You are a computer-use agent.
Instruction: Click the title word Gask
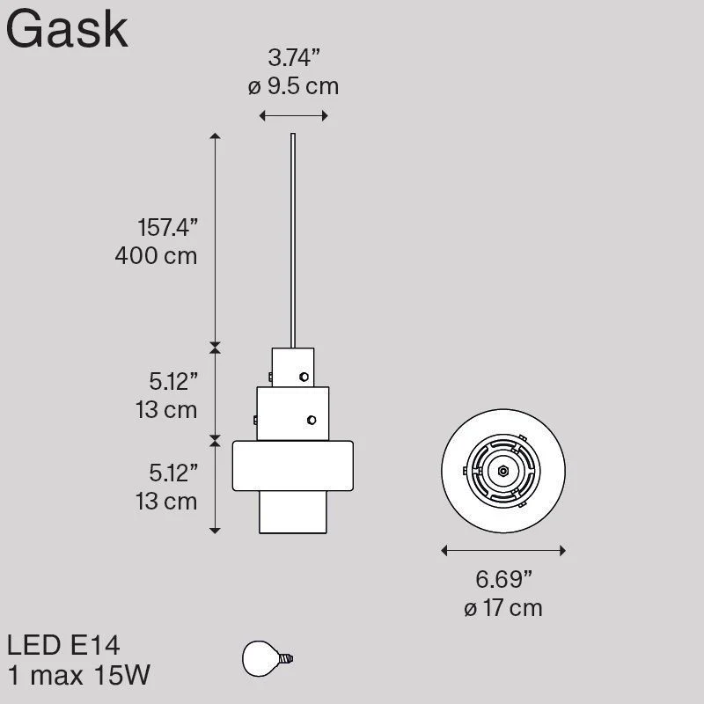(68, 30)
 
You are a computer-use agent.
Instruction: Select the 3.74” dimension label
(294, 57)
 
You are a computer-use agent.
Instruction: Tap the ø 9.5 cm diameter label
(294, 86)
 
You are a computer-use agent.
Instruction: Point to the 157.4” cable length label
(167, 227)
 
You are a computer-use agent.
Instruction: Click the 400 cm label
(157, 256)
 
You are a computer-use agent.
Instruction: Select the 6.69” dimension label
(503, 579)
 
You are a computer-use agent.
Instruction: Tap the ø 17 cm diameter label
(503, 608)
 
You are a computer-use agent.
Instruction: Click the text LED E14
(63, 645)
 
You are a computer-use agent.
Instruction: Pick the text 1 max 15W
(79, 675)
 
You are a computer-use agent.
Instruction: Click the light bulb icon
(268, 658)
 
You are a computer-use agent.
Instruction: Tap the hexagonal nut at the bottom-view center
(503, 471)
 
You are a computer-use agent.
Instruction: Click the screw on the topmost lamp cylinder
(304, 377)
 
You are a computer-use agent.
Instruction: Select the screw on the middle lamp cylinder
(312, 421)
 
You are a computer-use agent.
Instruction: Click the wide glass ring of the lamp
(293, 466)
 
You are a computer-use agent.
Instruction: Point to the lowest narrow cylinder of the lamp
(293, 512)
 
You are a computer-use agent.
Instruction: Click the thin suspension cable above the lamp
(293, 240)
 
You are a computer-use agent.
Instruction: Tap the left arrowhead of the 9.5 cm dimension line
(262, 116)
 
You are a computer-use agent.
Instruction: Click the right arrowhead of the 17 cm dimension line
(562, 551)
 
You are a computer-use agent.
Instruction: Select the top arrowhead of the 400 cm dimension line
(215, 136)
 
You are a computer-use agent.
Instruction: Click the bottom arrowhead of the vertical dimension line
(215, 531)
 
